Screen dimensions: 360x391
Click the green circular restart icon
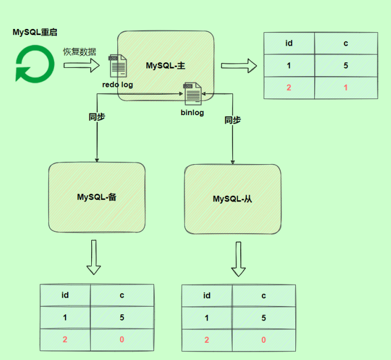34,64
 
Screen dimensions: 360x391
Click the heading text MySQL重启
34,32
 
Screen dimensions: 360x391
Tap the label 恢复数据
79,52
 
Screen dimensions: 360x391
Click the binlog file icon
192,93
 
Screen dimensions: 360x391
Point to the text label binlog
192,113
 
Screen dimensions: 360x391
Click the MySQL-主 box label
165,66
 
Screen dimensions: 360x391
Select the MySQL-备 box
96,197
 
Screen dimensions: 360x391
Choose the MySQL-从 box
232,199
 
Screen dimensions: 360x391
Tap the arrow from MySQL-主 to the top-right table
239,66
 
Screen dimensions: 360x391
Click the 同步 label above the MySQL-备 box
97,117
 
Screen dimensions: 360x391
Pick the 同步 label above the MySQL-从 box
232,120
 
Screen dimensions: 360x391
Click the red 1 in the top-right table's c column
345,88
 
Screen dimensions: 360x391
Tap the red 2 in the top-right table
289,88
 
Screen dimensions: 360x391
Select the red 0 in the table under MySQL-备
122,339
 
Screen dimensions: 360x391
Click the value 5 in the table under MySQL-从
264,318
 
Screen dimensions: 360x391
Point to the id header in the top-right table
289,43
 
